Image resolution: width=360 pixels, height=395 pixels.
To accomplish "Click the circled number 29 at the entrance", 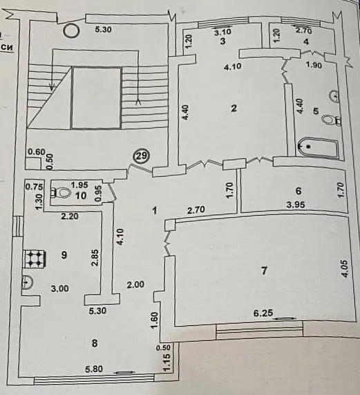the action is (142, 156).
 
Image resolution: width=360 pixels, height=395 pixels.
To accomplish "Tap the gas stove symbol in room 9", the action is (35, 259).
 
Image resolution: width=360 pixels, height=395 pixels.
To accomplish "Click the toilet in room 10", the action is (60, 193).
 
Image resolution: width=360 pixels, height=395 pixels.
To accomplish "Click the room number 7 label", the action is (264, 270).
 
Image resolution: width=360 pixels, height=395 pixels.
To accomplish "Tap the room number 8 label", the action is (95, 343).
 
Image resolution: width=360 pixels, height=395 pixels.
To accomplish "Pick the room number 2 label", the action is (234, 109).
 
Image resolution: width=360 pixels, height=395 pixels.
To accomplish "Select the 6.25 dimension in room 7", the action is (263, 313).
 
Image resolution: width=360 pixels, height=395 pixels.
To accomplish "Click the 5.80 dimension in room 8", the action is (94, 369).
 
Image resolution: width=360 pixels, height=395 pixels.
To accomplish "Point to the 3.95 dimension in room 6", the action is (296, 205).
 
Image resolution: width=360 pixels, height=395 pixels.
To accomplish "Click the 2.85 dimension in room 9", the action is (95, 258).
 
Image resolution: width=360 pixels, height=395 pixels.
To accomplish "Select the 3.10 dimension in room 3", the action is (222, 32).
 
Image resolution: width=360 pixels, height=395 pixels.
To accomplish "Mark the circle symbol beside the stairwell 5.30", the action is (71, 30).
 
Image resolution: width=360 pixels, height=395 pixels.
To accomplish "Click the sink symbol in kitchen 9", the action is (27, 282).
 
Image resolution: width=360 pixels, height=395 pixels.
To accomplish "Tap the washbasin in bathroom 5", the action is (334, 96).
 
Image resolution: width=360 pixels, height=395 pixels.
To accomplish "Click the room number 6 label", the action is (299, 191).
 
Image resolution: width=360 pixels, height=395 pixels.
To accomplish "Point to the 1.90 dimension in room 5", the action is (314, 65).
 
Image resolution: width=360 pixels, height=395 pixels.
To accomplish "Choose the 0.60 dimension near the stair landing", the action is (37, 152).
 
